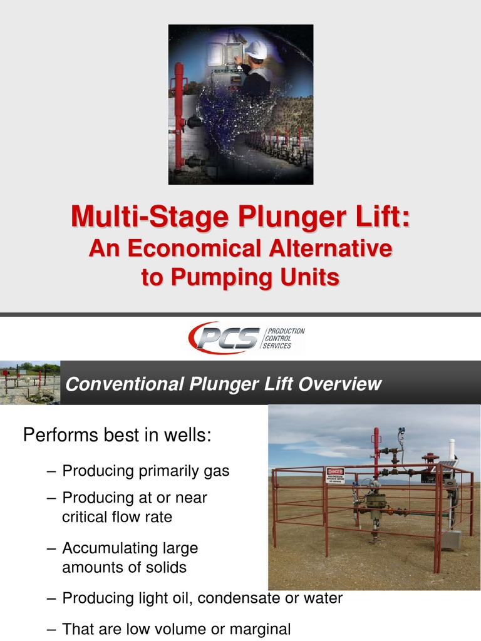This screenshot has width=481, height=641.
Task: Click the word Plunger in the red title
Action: click(272, 218)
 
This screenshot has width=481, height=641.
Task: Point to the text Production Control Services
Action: click(286, 338)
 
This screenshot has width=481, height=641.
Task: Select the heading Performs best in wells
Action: click(117, 434)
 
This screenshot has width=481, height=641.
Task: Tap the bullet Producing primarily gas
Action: click(146, 471)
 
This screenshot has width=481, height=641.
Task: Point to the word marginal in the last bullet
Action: click(259, 629)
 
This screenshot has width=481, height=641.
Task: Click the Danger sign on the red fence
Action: click(335, 476)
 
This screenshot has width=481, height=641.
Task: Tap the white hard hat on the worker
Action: click(256, 49)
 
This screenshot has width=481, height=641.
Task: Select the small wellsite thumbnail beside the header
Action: click(30, 382)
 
